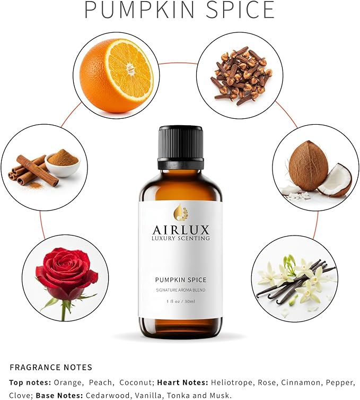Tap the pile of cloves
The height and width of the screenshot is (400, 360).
[240, 75]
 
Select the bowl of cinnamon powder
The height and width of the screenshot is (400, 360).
[63, 161]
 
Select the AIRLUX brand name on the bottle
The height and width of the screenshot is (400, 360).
[180, 230]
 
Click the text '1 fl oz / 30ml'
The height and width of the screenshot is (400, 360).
[180, 301]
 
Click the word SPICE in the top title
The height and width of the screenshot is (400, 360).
[238, 10]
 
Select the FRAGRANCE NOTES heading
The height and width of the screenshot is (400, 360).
[51, 367]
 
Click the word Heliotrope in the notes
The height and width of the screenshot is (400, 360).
[231, 382]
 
